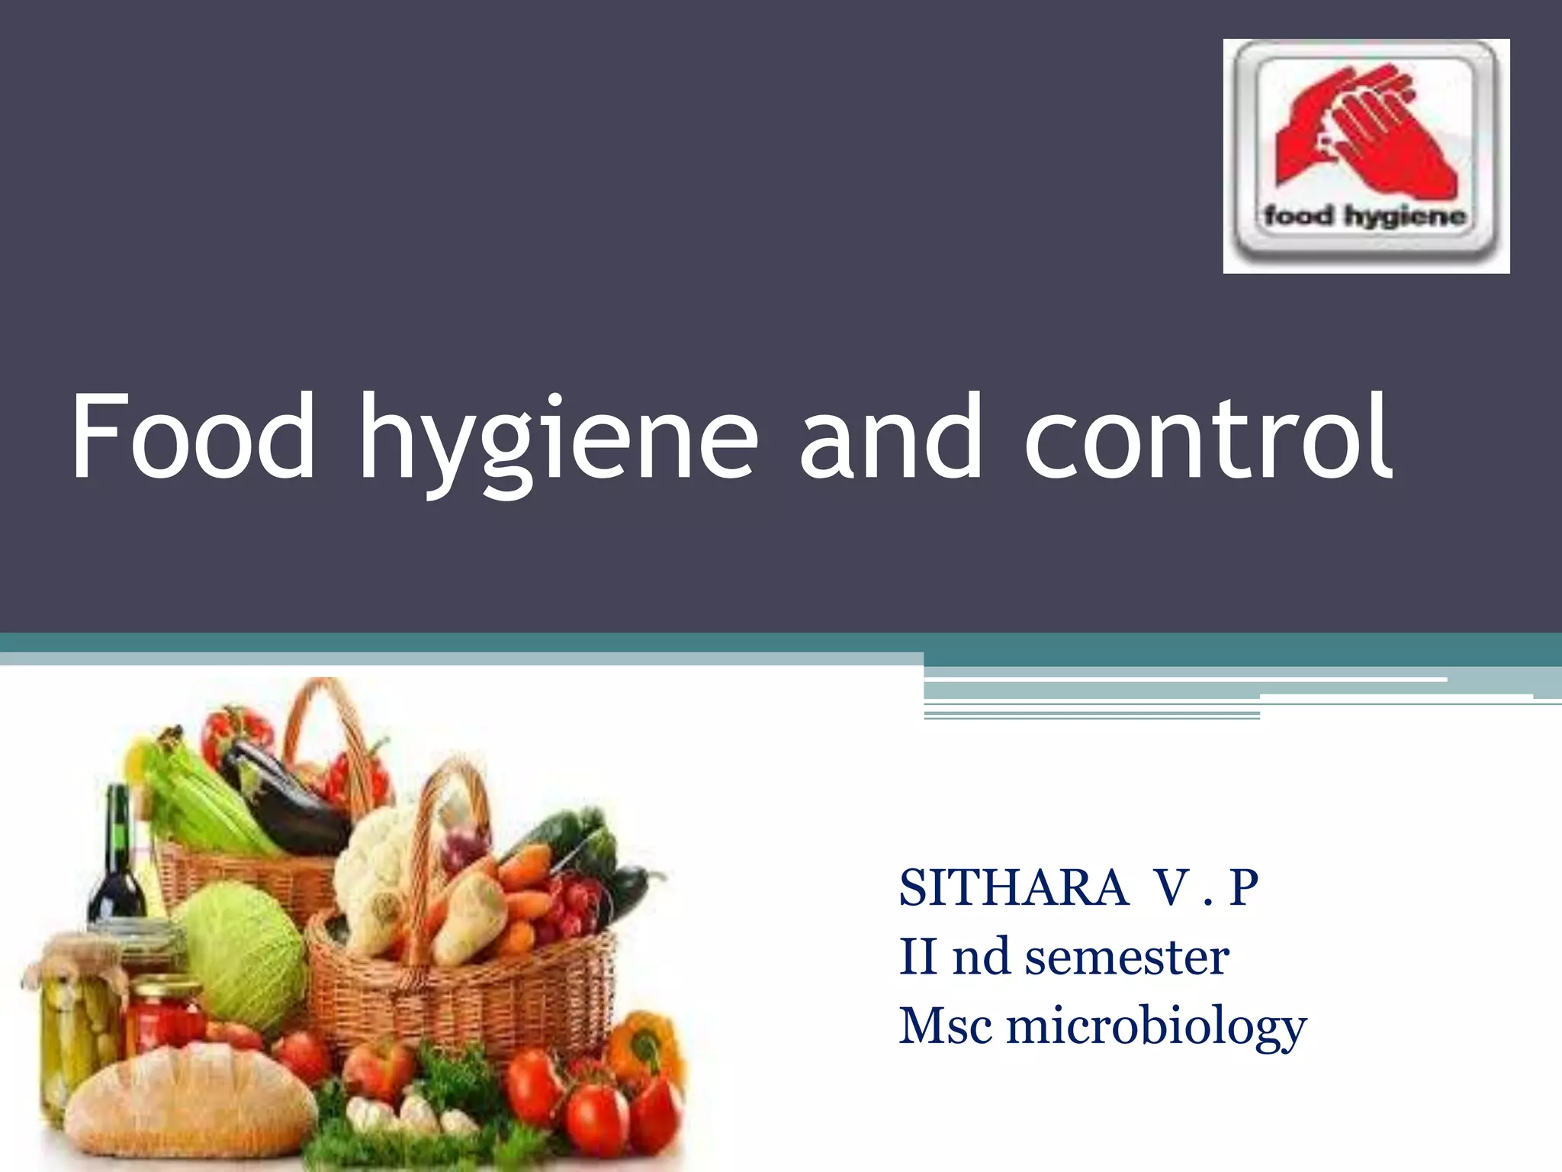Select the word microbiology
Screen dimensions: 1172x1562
coord(1156,1027)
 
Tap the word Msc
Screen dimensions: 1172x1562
coord(946,1025)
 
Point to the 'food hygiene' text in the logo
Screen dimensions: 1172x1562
coord(1364,217)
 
